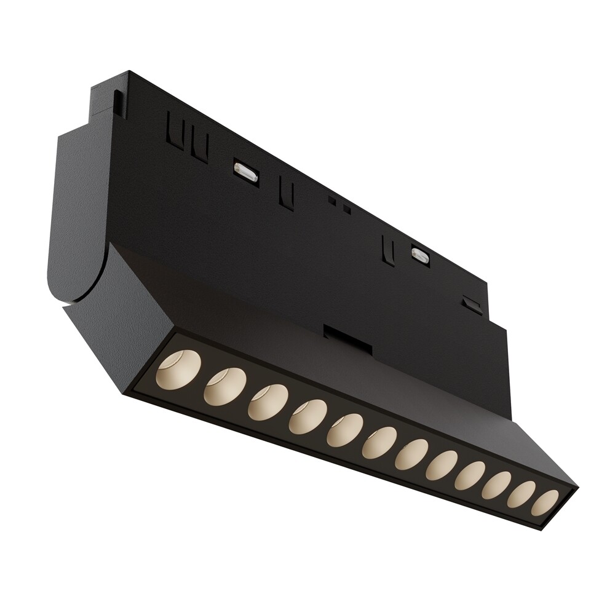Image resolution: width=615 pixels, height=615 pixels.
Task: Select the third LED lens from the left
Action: click(x=268, y=402)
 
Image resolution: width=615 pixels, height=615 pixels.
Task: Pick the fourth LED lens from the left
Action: click(x=307, y=417)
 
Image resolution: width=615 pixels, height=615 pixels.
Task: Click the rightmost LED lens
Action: click(x=545, y=502)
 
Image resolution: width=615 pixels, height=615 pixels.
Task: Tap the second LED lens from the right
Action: click(x=520, y=494)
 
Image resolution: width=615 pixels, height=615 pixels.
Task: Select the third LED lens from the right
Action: click(x=495, y=485)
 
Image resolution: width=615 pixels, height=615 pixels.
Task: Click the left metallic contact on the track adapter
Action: click(x=245, y=172)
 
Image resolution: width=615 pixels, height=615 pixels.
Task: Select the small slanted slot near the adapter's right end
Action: click(x=472, y=304)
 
